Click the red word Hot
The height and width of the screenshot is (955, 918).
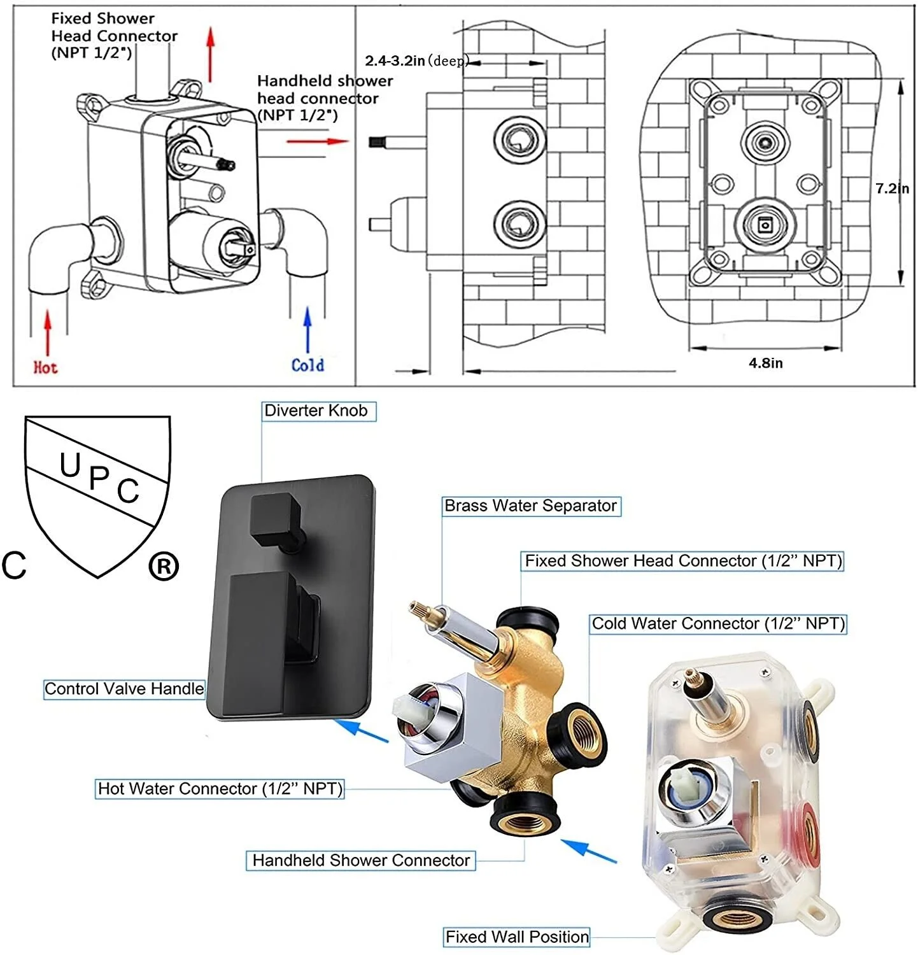point(45,367)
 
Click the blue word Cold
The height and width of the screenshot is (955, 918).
point(307,365)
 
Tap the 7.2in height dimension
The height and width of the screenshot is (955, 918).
point(891,188)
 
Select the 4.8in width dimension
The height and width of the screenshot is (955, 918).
point(765,364)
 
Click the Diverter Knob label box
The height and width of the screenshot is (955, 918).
point(318,411)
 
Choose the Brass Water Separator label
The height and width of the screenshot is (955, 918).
point(531,506)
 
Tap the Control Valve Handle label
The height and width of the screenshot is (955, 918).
point(124,689)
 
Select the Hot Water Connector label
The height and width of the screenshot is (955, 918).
point(220,789)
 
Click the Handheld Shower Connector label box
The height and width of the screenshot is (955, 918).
point(360,861)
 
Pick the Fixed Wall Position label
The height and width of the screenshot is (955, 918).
point(516,937)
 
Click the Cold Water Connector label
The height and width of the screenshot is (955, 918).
point(717,624)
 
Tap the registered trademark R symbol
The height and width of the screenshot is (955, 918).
point(164,567)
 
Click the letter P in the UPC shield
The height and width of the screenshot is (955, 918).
point(99,478)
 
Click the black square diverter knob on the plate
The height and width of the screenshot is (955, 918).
point(276,518)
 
